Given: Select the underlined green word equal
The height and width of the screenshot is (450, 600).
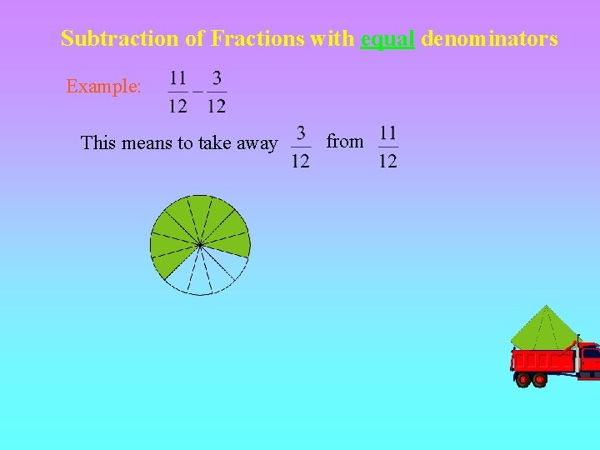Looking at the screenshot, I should (x=387, y=39).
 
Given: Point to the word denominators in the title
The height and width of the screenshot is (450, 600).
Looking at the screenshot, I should (x=489, y=38).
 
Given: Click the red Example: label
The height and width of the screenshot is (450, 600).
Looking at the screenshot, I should (x=103, y=86).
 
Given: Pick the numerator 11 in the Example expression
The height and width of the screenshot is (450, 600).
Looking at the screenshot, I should (x=177, y=78).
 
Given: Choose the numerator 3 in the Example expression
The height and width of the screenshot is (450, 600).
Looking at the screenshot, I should (x=217, y=78).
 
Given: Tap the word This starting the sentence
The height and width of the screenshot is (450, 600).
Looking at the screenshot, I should (x=98, y=142).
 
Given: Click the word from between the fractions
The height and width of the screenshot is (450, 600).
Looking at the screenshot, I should (x=345, y=142).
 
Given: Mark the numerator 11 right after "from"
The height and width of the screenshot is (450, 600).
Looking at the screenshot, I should (x=387, y=132).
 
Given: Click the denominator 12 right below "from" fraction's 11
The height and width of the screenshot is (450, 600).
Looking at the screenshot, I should (x=387, y=160).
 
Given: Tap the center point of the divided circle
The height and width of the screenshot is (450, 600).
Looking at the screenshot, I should (x=200, y=244).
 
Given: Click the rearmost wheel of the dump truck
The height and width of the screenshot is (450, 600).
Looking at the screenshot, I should (x=523, y=380).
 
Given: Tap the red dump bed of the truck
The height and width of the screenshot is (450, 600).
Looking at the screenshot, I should (x=542, y=360).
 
